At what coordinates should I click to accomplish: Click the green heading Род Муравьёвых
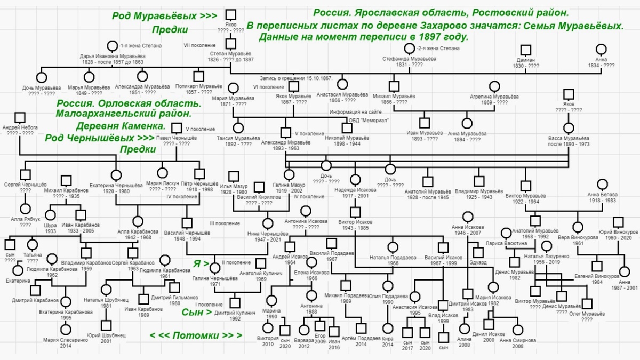[164, 16]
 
